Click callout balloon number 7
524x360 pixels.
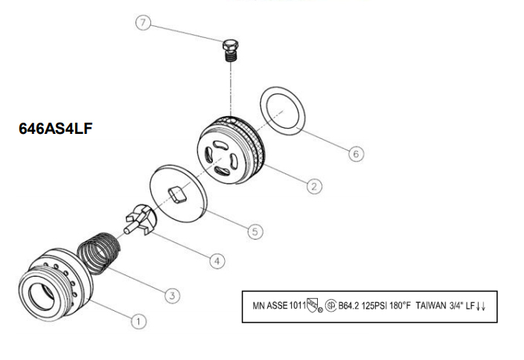144,23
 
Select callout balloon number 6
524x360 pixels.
357,154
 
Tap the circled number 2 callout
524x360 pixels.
314,186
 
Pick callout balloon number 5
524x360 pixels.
255,231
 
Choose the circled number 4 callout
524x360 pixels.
217,261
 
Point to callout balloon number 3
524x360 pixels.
172,295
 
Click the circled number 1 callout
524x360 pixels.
138,321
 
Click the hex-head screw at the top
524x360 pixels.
230,51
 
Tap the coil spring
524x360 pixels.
98,254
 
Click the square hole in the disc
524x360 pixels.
177,195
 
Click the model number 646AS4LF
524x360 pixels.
56,129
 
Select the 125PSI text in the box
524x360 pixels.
374,306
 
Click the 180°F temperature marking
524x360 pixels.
400,306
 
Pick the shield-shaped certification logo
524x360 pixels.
313,305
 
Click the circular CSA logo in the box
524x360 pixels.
330,306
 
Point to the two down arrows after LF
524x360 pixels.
481,306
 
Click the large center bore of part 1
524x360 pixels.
42,296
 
